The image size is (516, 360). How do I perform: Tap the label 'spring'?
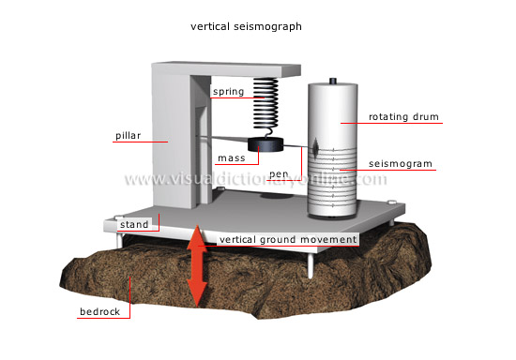coord(229,92)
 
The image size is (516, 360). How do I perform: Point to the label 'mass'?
coord(231,158)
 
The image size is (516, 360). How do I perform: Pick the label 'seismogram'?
coord(402,163)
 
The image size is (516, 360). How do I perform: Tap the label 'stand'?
coord(133,225)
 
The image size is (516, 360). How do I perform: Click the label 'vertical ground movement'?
coord(287,239)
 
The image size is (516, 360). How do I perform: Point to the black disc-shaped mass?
coord(266,145)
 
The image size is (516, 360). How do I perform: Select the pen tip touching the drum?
coord(316,148)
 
